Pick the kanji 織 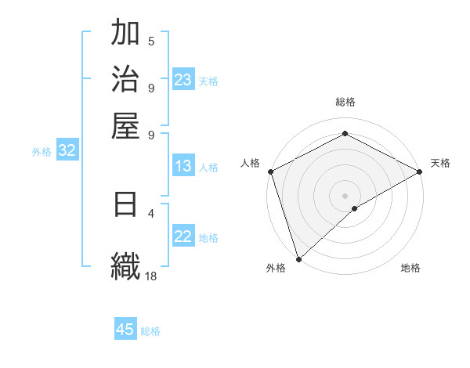pyautogui.click(x=126, y=264)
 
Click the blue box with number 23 pyautogui.click(x=183, y=80)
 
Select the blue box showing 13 pyautogui.click(x=183, y=166)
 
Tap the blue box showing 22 pyautogui.click(x=183, y=237)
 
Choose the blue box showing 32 pyautogui.click(x=67, y=151)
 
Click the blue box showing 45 pyautogui.click(x=125, y=330)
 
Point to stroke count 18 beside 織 pyautogui.click(x=151, y=276)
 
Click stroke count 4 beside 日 pyautogui.click(x=151, y=212)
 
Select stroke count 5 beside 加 pyautogui.click(x=151, y=41)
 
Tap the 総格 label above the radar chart pyautogui.click(x=345, y=102)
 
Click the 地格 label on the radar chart pyautogui.click(x=410, y=268)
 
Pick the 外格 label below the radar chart pyautogui.click(x=276, y=268)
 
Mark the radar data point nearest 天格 pyautogui.click(x=420, y=171)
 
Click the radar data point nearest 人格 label pyautogui.click(x=270, y=171)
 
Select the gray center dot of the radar pyautogui.click(x=345, y=195)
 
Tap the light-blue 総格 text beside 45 pyautogui.click(x=150, y=331)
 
